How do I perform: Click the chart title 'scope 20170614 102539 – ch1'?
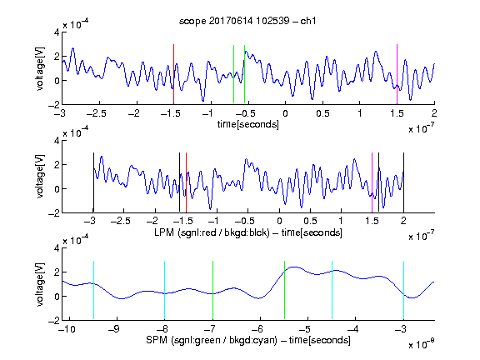point(247,21)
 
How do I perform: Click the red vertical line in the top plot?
point(173,74)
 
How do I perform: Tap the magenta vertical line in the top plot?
point(397,74)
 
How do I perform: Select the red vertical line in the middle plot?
point(186,182)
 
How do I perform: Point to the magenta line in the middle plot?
point(372,182)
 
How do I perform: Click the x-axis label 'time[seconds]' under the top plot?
point(248,124)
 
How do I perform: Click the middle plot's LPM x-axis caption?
point(248,232)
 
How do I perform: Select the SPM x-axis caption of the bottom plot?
point(248,340)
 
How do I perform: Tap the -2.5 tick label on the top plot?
point(97,113)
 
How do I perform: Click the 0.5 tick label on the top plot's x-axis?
point(322,113)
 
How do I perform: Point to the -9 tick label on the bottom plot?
point(114,329)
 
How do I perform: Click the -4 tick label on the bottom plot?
point(353,329)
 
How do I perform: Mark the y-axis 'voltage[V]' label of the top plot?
point(40,68)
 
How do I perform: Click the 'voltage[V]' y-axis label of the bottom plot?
point(40,284)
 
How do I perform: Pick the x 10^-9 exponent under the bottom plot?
point(422,343)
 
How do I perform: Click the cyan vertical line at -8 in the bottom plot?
point(164,290)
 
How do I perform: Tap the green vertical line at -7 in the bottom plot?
point(212,290)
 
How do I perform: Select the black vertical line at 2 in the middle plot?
point(404,182)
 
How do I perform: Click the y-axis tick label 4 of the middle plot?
point(57,141)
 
